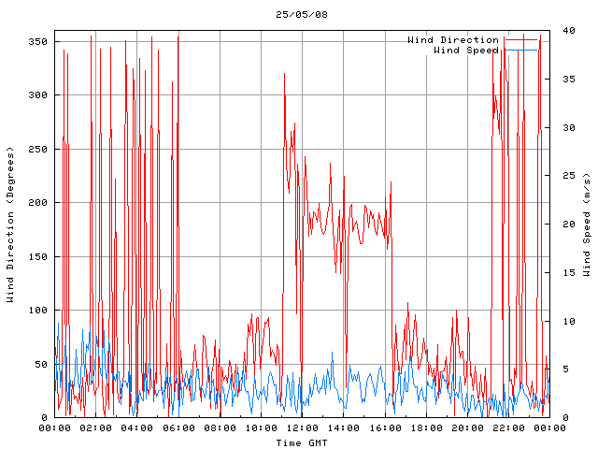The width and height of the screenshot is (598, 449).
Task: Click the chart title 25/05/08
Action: tap(302, 14)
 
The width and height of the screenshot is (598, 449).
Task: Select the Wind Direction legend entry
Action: tap(453, 39)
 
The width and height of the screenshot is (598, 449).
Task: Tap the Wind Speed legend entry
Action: tap(466, 51)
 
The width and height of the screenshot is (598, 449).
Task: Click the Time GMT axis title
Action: tap(302, 442)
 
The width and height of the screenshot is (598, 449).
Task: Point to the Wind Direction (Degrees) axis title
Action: tap(10, 224)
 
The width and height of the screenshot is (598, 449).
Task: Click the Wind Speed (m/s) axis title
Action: tap(587, 224)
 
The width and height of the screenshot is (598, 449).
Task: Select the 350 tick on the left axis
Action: tap(37, 42)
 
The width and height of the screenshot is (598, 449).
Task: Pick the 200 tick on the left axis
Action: tap(37, 203)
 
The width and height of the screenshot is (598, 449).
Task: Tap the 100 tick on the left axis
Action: tap(37, 311)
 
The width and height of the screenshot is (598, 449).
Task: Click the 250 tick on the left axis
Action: tap(37, 150)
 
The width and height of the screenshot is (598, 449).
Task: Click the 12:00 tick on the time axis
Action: tap(302, 427)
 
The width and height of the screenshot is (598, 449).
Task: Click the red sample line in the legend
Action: tap(521, 39)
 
